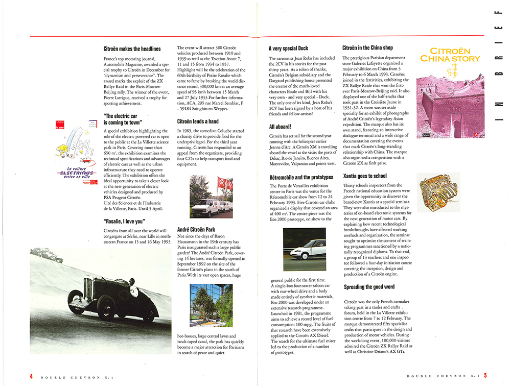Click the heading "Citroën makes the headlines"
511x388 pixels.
132,49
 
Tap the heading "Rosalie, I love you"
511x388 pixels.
124,221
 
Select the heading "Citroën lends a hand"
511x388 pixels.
198,122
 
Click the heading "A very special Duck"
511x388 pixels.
288,49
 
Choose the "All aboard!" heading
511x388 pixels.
280,126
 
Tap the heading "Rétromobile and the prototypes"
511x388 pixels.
301,177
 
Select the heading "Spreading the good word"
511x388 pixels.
369,287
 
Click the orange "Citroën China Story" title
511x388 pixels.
450,55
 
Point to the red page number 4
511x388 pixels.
31,376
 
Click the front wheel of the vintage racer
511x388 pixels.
76,301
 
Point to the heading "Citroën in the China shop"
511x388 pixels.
367,48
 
